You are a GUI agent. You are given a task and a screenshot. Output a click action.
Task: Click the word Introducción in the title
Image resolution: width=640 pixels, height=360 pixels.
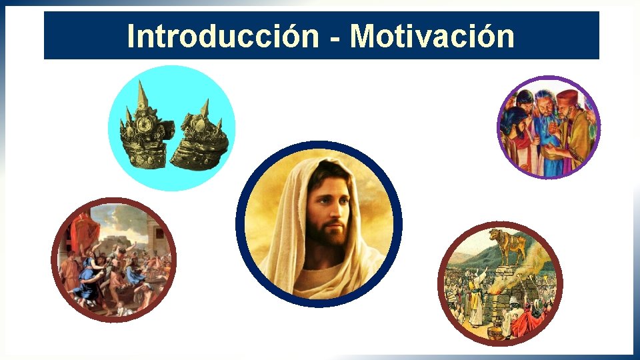pos(223,36)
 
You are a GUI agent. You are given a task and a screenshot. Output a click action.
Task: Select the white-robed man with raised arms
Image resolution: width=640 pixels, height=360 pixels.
pos(476,300)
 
